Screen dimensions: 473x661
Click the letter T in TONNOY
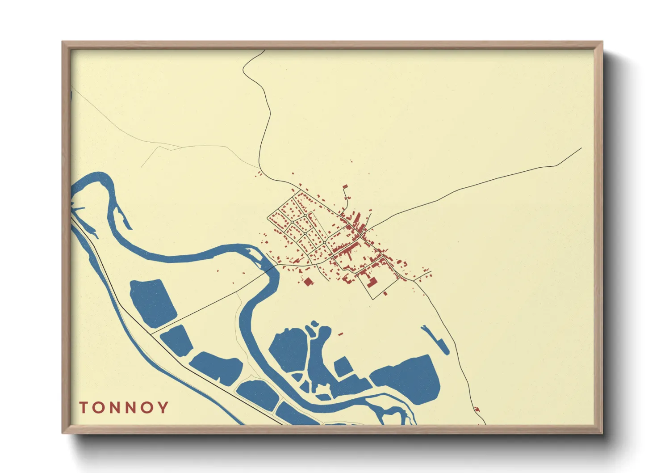point(84,408)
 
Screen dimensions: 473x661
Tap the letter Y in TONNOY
point(164,408)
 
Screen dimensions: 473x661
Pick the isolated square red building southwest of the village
point(308,281)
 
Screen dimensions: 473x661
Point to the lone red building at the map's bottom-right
point(477,409)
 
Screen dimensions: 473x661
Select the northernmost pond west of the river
point(152,302)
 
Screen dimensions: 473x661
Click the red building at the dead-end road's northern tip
point(345,187)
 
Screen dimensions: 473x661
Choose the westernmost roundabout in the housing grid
point(292,222)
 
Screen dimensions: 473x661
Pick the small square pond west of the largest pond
point(343,367)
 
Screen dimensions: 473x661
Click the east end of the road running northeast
point(581,148)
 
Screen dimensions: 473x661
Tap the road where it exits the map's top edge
point(264,50)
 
